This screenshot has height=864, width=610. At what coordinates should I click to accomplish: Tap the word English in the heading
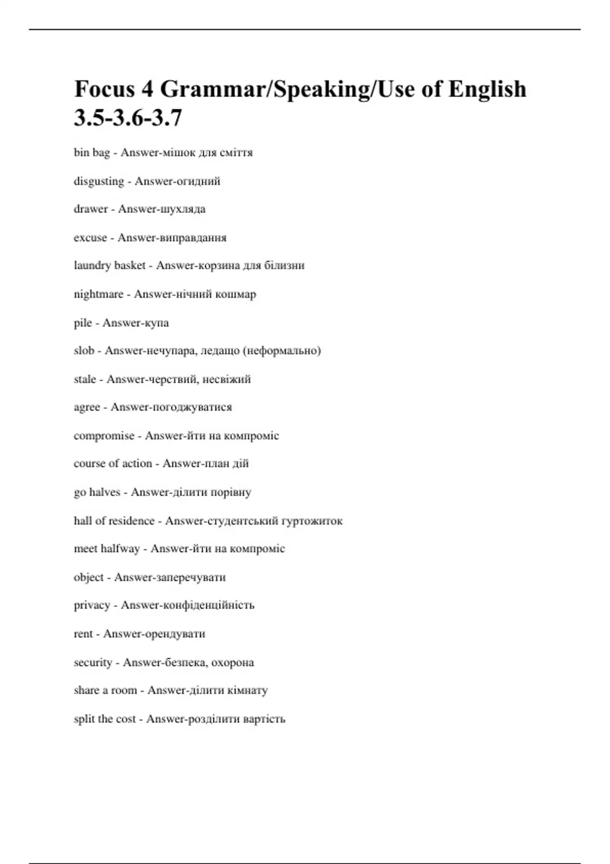pos(487,89)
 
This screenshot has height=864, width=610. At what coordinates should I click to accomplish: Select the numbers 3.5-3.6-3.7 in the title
pos(128,118)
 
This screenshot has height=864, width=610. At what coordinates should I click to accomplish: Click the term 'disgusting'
pos(99,181)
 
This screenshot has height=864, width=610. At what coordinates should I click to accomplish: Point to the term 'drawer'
pos(90,209)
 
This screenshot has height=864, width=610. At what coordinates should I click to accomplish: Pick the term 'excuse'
pos(90,238)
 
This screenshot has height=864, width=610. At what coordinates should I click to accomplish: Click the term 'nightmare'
pos(99,294)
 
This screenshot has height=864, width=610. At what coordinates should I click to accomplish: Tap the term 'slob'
pos(84,351)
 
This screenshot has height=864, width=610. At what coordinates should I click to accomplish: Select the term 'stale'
pos(85,379)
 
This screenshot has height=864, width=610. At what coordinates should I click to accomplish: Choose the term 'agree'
pos(87,408)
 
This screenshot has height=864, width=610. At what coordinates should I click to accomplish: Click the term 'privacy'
pos(92,605)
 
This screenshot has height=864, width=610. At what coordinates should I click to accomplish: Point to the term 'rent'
pos(83,634)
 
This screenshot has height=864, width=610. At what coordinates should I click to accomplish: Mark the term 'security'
pos(93,663)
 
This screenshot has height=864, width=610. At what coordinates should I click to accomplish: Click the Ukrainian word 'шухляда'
pos(183,209)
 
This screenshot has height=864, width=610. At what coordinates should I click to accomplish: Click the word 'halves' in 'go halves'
pos(105,492)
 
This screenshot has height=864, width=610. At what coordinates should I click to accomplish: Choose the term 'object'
pos(88,577)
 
